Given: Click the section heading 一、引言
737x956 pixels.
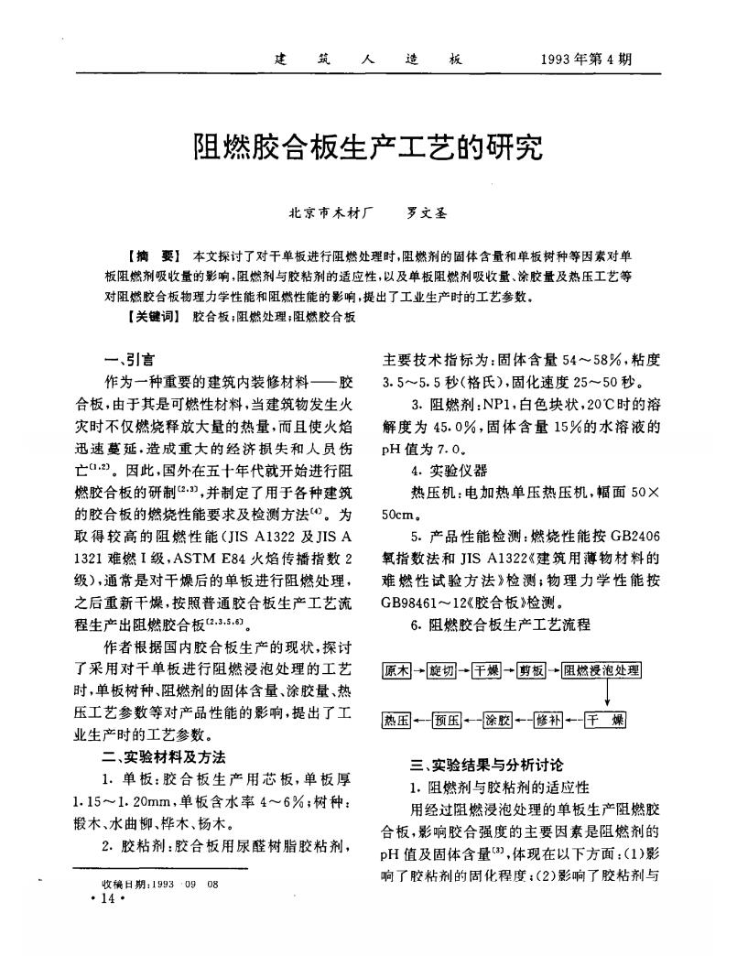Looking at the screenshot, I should [x=129, y=361].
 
